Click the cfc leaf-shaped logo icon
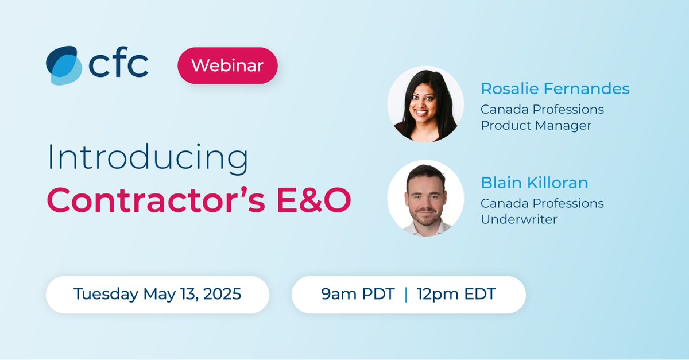click(x=64, y=65)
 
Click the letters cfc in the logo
click(x=118, y=64)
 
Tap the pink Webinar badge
click(x=227, y=65)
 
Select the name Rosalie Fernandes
click(x=555, y=89)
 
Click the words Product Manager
click(x=536, y=125)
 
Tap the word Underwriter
click(x=519, y=219)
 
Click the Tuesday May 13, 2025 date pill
click(x=157, y=294)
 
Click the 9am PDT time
click(x=358, y=294)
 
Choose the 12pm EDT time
click(x=457, y=294)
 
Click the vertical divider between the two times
click(x=407, y=294)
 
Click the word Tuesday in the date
click(x=106, y=294)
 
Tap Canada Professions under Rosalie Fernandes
click(x=542, y=109)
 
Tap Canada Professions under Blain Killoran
click(x=542, y=203)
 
